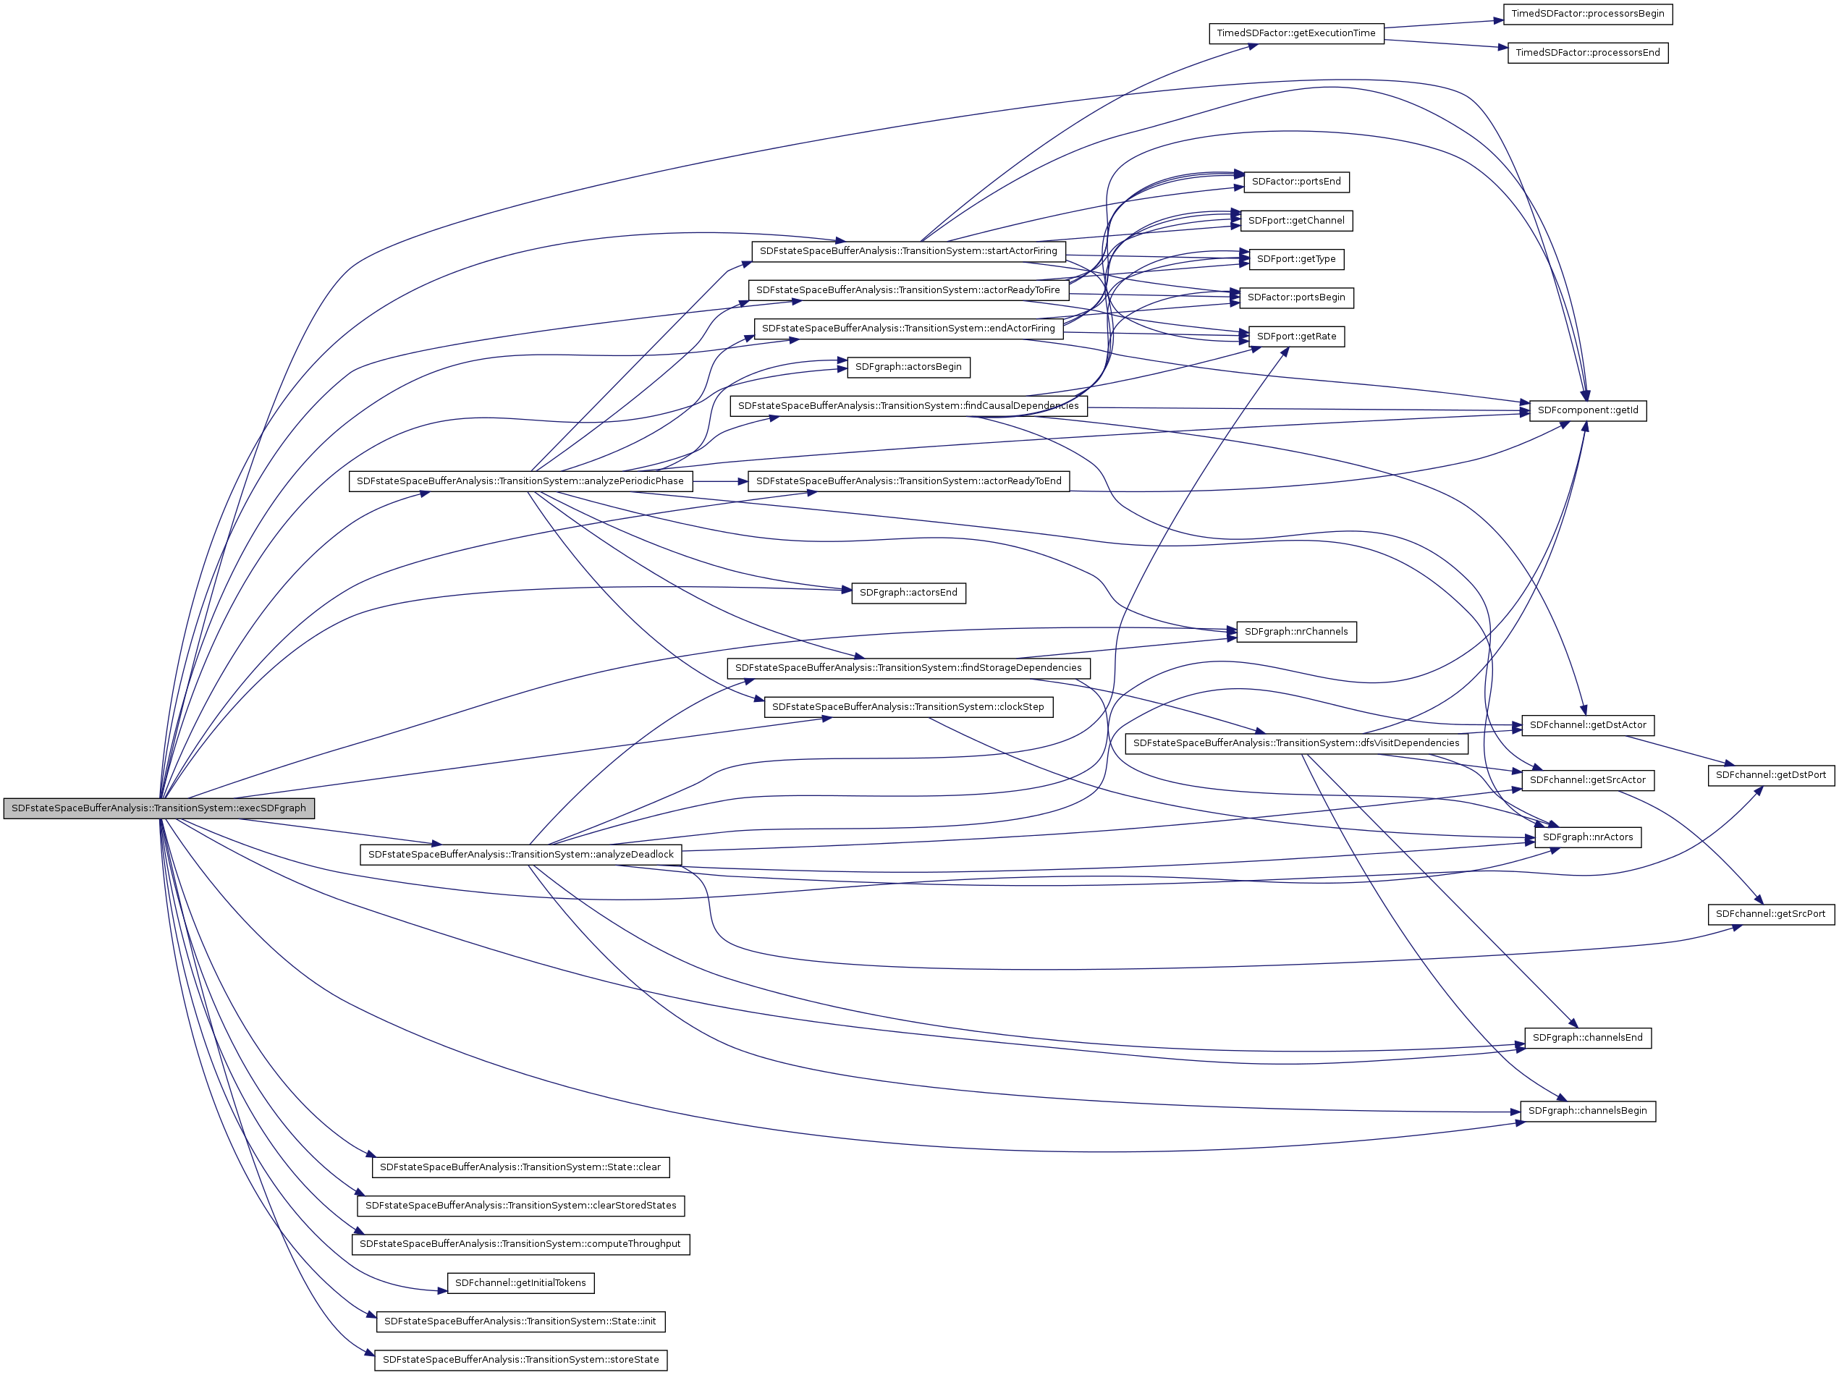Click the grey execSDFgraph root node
click(158, 808)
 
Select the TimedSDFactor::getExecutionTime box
click(1295, 33)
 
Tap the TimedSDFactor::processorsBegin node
click(1587, 14)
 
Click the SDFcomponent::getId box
click(1587, 410)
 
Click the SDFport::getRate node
click(1295, 337)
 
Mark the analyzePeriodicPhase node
click(520, 481)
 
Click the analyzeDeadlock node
click(520, 855)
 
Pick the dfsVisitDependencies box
click(1295, 743)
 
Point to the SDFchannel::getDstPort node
click(1770, 776)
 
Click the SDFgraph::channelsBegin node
click(1587, 1112)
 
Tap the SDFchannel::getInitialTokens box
click(520, 1282)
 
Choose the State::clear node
click(520, 1167)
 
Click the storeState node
click(520, 1360)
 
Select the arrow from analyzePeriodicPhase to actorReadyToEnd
click(720, 481)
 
